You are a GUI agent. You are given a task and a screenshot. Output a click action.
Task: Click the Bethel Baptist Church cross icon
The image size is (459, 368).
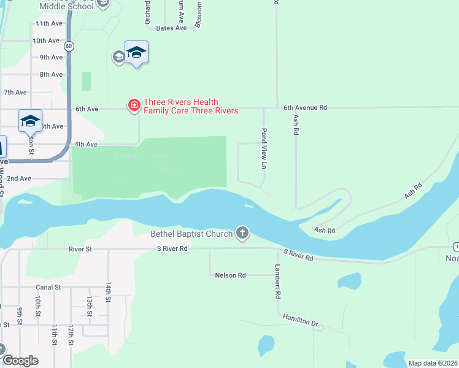(x=242, y=233)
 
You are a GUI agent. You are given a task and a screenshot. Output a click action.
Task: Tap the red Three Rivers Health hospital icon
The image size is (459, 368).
(x=133, y=106)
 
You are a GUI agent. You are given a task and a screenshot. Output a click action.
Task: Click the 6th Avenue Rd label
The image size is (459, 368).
(x=305, y=107)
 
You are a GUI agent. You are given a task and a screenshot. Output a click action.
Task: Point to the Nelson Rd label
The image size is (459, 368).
(x=230, y=275)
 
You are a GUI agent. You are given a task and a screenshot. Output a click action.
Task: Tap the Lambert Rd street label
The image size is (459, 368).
(x=278, y=282)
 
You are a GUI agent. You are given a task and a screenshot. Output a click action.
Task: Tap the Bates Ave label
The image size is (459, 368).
(x=171, y=28)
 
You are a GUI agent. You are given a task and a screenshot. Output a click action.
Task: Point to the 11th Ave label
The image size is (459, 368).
(x=49, y=23)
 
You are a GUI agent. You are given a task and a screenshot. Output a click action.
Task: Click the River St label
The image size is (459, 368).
(x=80, y=249)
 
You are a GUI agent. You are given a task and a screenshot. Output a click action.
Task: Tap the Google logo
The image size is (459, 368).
(x=20, y=361)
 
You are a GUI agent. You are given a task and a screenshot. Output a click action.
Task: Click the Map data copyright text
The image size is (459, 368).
(x=433, y=363)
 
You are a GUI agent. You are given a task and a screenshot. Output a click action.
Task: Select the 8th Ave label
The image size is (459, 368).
(x=51, y=74)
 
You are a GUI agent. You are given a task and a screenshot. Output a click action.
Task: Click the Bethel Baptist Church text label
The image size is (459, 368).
(x=191, y=234)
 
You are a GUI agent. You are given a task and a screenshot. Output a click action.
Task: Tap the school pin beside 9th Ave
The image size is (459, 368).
(x=136, y=53)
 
